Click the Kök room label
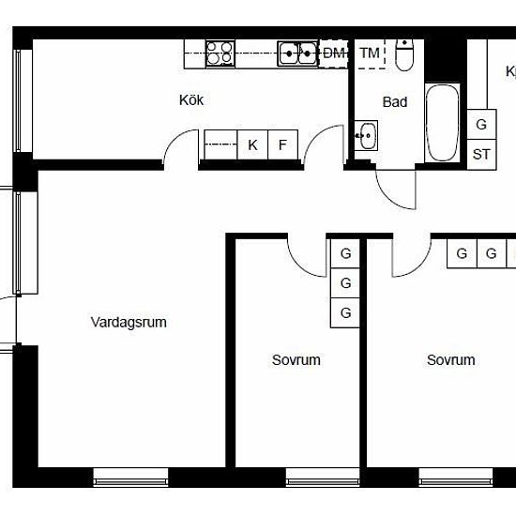[191, 100]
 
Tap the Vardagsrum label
[129, 322]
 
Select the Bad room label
[395, 102]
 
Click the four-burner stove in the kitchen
[220, 54]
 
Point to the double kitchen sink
[297, 53]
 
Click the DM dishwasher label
[334, 53]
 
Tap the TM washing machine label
[370, 53]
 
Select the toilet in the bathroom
[403, 55]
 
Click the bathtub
[442, 123]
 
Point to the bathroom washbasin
[366, 135]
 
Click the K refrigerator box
[252, 144]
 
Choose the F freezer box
[283, 144]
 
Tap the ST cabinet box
[481, 155]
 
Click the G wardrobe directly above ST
[481, 125]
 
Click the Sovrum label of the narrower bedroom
[296, 360]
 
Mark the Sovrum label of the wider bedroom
[451, 360]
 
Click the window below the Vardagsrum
[130, 478]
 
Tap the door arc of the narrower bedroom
[300, 266]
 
